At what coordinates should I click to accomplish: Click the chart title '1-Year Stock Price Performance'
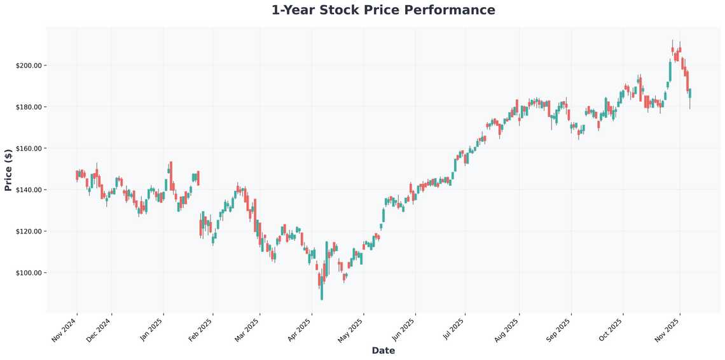[383, 10]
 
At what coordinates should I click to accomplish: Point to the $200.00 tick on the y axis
[29, 66]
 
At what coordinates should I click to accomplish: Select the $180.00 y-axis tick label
[29, 107]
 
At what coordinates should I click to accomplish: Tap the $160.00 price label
[29, 148]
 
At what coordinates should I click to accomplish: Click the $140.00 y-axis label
[29, 190]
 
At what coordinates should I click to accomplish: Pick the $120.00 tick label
[29, 231]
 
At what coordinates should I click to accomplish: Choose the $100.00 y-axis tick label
[29, 273]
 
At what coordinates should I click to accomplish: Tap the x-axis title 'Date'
[383, 350]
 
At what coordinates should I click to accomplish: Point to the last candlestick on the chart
[690, 93]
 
